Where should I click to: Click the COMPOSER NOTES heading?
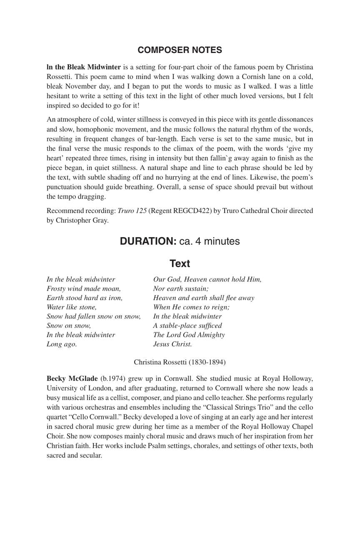pyautogui.click(x=180, y=50)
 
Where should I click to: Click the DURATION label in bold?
pyautogui.click(x=148, y=241)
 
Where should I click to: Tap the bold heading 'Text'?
pyautogui.click(x=180, y=264)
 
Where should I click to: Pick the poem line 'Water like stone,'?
pyautogui.click(x=72, y=307)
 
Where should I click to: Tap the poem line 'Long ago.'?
pyautogui.click(x=62, y=344)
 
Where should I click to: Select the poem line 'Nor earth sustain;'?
pyautogui.click(x=181, y=289)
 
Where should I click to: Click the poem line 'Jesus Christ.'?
pyautogui.click(x=172, y=344)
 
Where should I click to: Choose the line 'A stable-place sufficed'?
pyautogui.click(x=187, y=326)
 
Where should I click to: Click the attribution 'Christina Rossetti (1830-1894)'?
pyautogui.click(x=180, y=362)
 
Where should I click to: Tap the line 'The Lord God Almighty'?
pyautogui.click(x=189, y=335)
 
